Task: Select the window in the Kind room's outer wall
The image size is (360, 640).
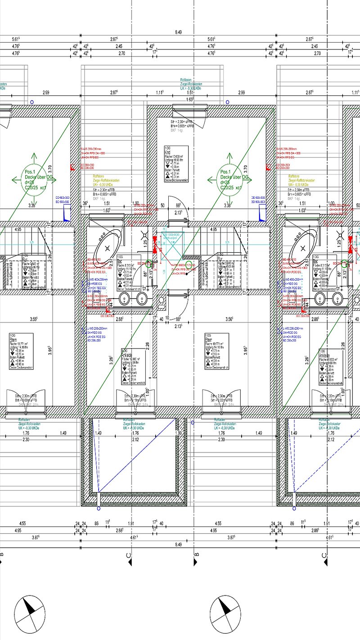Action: [189, 108]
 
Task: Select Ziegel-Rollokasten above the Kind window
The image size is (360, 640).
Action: [189, 84]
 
